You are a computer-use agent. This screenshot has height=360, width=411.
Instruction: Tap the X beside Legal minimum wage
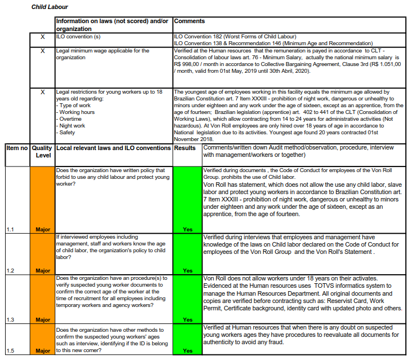coord(42,51)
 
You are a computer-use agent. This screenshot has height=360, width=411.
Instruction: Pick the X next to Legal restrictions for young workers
coord(42,92)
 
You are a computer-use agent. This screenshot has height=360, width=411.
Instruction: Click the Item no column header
coord(16,148)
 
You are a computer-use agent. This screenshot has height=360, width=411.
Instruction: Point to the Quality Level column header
coord(42,151)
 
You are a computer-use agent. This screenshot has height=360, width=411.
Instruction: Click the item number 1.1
coord(10,229)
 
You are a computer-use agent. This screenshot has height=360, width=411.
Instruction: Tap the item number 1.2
coord(10,271)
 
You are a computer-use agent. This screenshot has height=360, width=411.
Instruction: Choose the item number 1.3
coord(10,320)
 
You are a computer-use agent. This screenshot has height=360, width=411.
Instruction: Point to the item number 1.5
coord(10,351)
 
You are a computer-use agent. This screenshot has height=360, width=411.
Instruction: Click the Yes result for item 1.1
coord(187,229)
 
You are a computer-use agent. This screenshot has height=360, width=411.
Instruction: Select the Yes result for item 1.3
coord(187,320)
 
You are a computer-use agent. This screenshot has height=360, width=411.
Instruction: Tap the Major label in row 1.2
coord(42,271)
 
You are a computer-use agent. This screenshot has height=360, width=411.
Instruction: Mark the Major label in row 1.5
coord(42,351)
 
